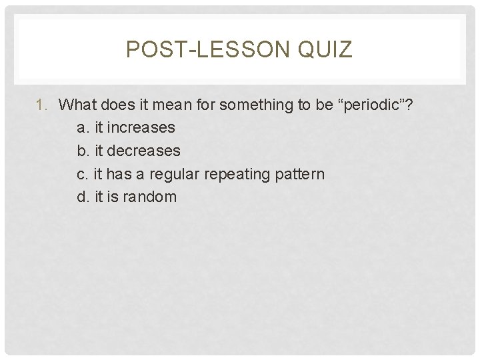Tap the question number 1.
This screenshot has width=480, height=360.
[x=41, y=105]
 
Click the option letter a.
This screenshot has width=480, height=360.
[x=82, y=127]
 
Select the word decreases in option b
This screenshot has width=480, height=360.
[x=143, y=151]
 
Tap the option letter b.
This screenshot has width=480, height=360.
[x=82, y=151]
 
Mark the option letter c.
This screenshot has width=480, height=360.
[x=82, y=174]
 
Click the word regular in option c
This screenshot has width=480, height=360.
[x=175, y=174]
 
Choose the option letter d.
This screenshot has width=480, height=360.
[x=82, y=197]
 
